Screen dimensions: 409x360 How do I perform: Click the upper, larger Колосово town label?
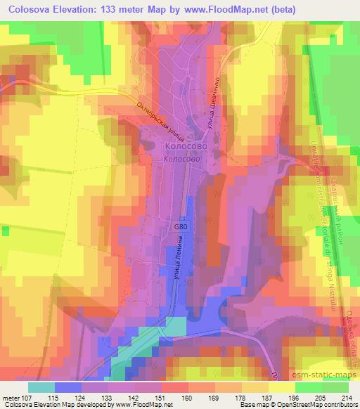pos(186,147)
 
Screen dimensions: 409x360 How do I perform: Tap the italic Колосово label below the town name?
pos(181,160)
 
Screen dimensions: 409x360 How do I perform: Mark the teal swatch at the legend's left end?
pos(41,387)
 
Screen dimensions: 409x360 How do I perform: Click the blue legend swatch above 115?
pos(68,387)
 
